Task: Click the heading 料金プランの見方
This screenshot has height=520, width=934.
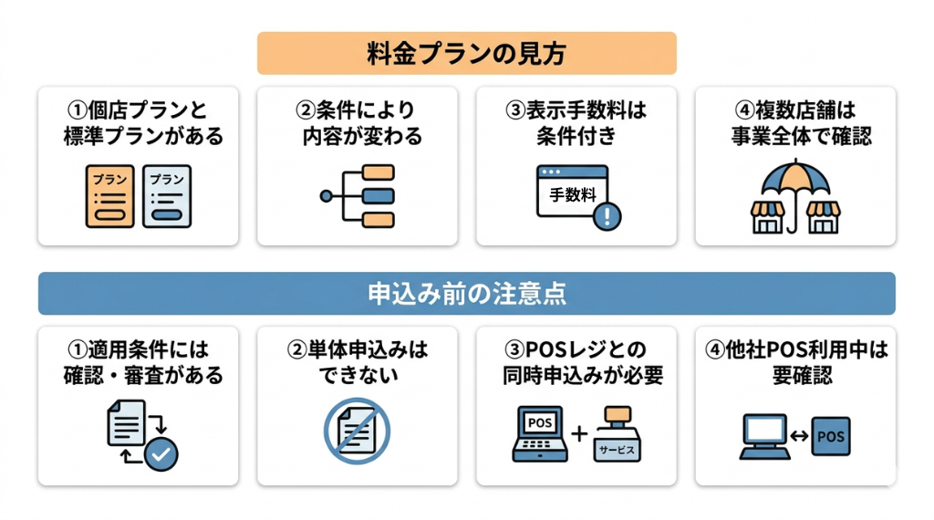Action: pyautogui.click(x=466, y=53)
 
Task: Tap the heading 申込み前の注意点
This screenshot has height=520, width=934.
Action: pyautogui.click(x=466, y=294)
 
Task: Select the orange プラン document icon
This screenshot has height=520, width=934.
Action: pyautogui.click(x=109, y=196)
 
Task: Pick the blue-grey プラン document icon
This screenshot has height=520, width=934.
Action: pyautogui.click(x=167, y=196)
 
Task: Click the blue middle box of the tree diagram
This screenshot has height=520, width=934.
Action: pyautogui.click(x=378, y=196)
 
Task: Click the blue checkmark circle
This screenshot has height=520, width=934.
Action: pyautogui.click(x=163, y=453)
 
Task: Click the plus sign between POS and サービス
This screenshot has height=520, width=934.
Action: pyautogui.click(x=579, y=433)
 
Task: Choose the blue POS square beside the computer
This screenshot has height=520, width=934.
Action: pyautogui.click(x=831, y=437)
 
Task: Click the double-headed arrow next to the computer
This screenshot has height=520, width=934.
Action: pyautogui.click(x=799, y=437)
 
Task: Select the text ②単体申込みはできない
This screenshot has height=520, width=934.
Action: pyautogui.click(x=358, y=362)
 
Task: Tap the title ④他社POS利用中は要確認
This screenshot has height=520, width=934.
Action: pyautogui.click(x=794, y=362)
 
